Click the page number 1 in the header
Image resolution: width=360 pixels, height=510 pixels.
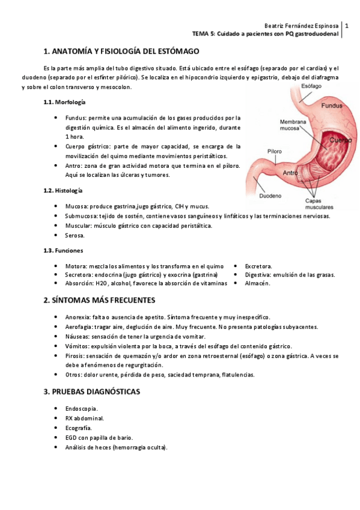pos(347,26)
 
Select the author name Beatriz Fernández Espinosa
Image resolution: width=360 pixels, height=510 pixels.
pos(301,26)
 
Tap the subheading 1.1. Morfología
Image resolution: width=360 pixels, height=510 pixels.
pos(64,102)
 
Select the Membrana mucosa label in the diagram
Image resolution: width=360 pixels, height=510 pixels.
pos(293,124)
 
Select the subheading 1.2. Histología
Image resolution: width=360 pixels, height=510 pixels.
pos(63,191)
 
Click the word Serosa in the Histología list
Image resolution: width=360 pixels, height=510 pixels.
pos(75,236)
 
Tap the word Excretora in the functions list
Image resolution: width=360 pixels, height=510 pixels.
pos(258,266)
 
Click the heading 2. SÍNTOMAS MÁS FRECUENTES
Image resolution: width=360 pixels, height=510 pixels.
pos(100,300)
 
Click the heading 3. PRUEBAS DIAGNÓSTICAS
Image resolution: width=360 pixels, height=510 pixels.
pos(92,392)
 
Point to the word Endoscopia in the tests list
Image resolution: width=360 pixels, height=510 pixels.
pos(82,408)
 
